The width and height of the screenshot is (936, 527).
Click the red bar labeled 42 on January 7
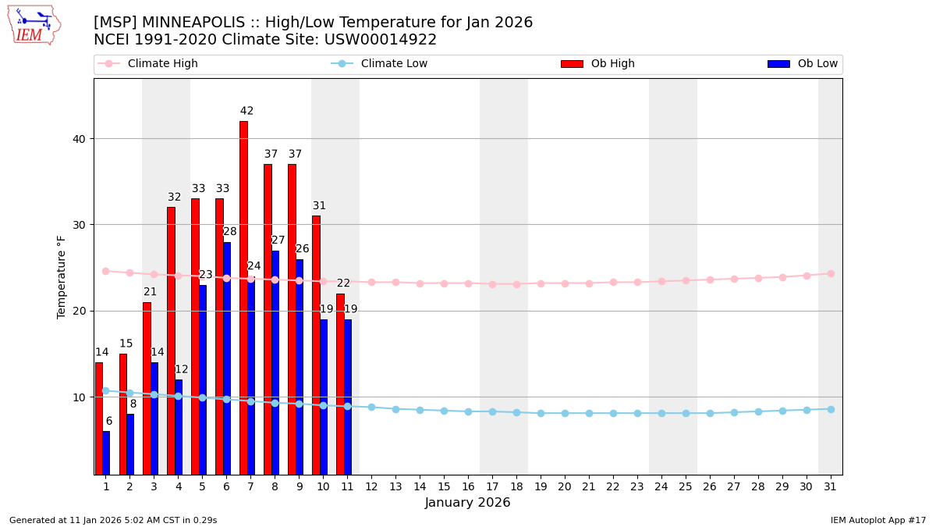pyautogui.click(x=243, y=297)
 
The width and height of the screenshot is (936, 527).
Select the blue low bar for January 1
pyautogui.click(x=106, y=453)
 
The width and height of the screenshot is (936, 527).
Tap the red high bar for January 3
pyautogui.click(x=147, y=388)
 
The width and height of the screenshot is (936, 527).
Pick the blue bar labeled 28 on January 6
pyautogui.click(x=227, y=358)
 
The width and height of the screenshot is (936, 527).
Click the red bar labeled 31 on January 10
pyautogui.click(x=316, y=344)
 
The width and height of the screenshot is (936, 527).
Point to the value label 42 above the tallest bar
pyautogui.click(x=246, y=111)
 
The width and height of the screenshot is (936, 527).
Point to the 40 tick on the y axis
pyautogui.click(x=80, y=139)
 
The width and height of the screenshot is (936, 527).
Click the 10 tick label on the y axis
pyautogui.click(x=80, y=397)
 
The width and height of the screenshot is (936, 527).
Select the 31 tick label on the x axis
pyautogui.click(x=831, y=486)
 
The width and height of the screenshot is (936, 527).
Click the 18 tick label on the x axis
pyautogui.click(x=516, y=486)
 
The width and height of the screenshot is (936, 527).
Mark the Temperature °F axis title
pyautogui.click(x=62, y=276)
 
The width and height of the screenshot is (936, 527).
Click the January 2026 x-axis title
pyautogui.click(x=468, y=503)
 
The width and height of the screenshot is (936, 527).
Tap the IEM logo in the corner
pyautogui.click(x=34, y=25)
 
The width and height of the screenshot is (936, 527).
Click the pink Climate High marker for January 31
pyautogui.click(x=831, y=273)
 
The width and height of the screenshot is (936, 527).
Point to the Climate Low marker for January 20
pyautogui.click(x=565, y=413)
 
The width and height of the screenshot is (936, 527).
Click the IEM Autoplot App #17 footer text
pyautogui.click(x=878, y=520)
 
